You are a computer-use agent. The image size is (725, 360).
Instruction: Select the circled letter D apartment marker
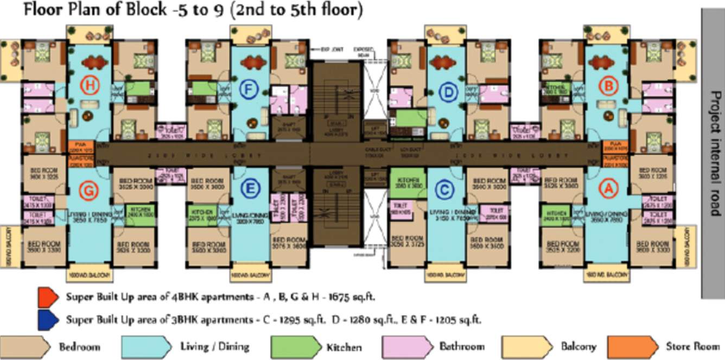coord(448,93)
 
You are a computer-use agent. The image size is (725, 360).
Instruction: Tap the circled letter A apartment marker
coord(608,188)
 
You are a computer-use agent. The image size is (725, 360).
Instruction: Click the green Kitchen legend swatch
coord(292,346)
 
